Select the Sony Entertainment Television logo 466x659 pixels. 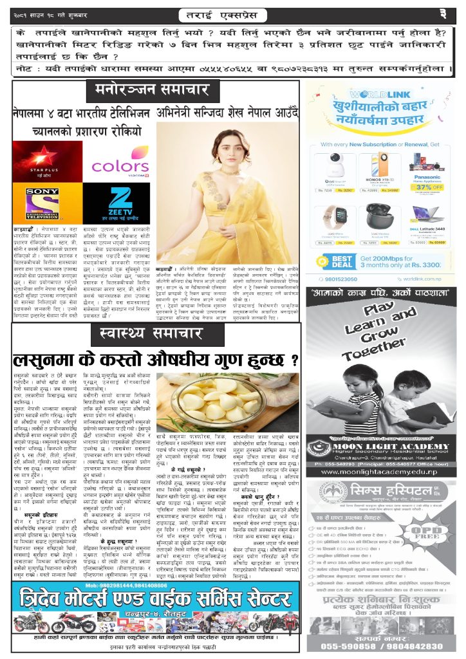42,203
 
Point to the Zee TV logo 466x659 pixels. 120,201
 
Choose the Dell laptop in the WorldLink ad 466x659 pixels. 426,214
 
